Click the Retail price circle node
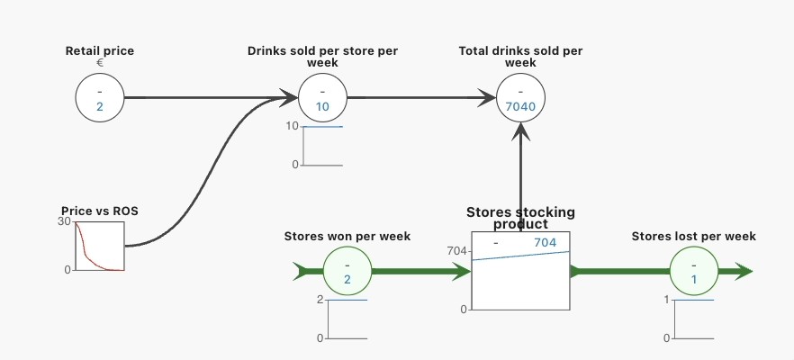coord(99,97)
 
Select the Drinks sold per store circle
coord(322,97)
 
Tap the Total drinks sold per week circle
coord(520,97)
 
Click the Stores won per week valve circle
coord(347,271)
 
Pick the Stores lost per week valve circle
coord(694,271)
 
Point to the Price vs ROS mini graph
coord(99,246)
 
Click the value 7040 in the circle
coord(520,107)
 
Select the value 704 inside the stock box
coord(546,243)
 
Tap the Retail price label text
coord(99,50)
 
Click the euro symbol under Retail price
coord(99,63)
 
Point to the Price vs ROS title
coord(99,211)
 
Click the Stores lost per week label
coord(693,236)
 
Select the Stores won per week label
coord(347,236)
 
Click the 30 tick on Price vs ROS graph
coord(64,221)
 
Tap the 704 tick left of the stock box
coord(457,251)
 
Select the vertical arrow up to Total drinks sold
coord(520,180)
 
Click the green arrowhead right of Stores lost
coord(744,271)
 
